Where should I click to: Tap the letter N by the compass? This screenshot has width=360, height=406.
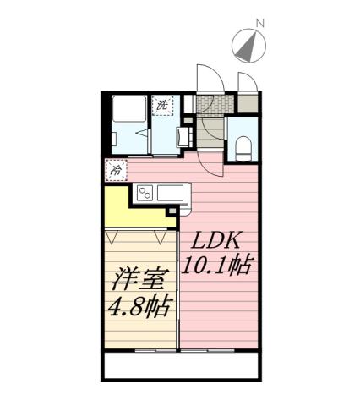coord(260,23)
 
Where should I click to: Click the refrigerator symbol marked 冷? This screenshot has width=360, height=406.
coord(115,169)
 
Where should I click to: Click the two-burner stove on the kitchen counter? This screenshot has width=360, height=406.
coord(143,193)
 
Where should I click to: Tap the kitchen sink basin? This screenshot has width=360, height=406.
coord(170,192)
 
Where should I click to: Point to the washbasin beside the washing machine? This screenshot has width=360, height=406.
coord(183,136)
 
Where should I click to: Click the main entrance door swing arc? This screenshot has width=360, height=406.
coord(206,78)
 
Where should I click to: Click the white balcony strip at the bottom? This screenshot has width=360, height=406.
coord(181,366)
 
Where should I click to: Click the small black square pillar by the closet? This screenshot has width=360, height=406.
coord(173,224)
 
